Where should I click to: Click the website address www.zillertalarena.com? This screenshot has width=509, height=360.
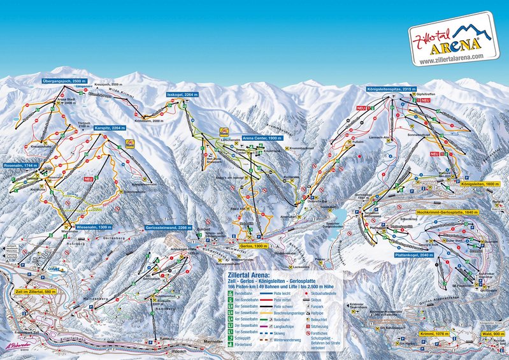coord(451,56)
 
